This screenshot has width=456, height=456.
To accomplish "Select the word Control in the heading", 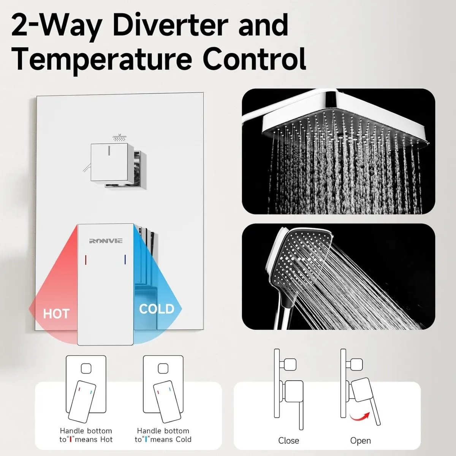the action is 254,59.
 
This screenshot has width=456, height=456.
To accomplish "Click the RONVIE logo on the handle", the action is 106,241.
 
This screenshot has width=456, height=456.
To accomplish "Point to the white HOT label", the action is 56,314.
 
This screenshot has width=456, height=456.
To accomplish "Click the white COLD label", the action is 157,309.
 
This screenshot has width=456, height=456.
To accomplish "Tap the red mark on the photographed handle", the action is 85,260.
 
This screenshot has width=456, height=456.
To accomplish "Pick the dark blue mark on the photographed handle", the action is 125,260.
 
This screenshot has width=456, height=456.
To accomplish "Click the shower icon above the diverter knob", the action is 119,138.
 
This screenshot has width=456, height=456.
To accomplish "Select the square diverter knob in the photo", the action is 109,162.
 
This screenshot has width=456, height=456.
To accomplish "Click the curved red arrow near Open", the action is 360,416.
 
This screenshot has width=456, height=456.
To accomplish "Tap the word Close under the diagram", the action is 289,441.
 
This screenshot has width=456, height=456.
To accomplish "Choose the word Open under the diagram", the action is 361,441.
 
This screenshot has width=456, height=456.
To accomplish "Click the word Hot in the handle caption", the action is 106,439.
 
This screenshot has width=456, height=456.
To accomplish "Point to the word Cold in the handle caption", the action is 182,439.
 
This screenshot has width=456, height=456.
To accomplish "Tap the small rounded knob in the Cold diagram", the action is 163,369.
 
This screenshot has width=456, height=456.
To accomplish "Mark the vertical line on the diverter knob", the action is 109,151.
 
